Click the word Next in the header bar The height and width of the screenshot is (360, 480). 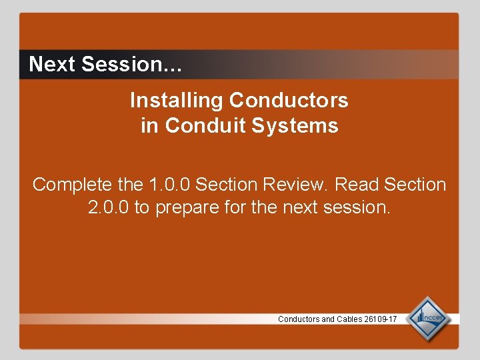(x=53, y=65)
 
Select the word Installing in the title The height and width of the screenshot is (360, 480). (x=177, y=101)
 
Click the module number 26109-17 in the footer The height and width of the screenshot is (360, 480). (x=381, y=319)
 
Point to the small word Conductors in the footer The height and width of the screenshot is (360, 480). (x=299, y=319)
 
